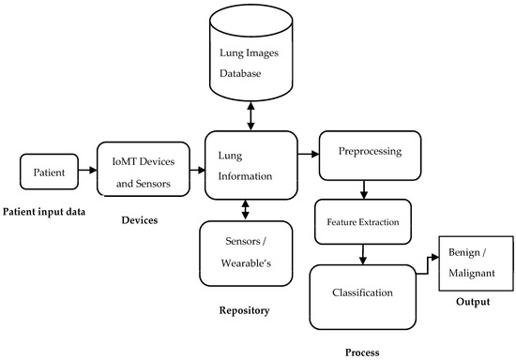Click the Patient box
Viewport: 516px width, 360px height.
point(48,171)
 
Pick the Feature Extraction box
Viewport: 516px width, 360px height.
point(362,223)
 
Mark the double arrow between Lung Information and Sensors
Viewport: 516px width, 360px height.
point(246,208)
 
